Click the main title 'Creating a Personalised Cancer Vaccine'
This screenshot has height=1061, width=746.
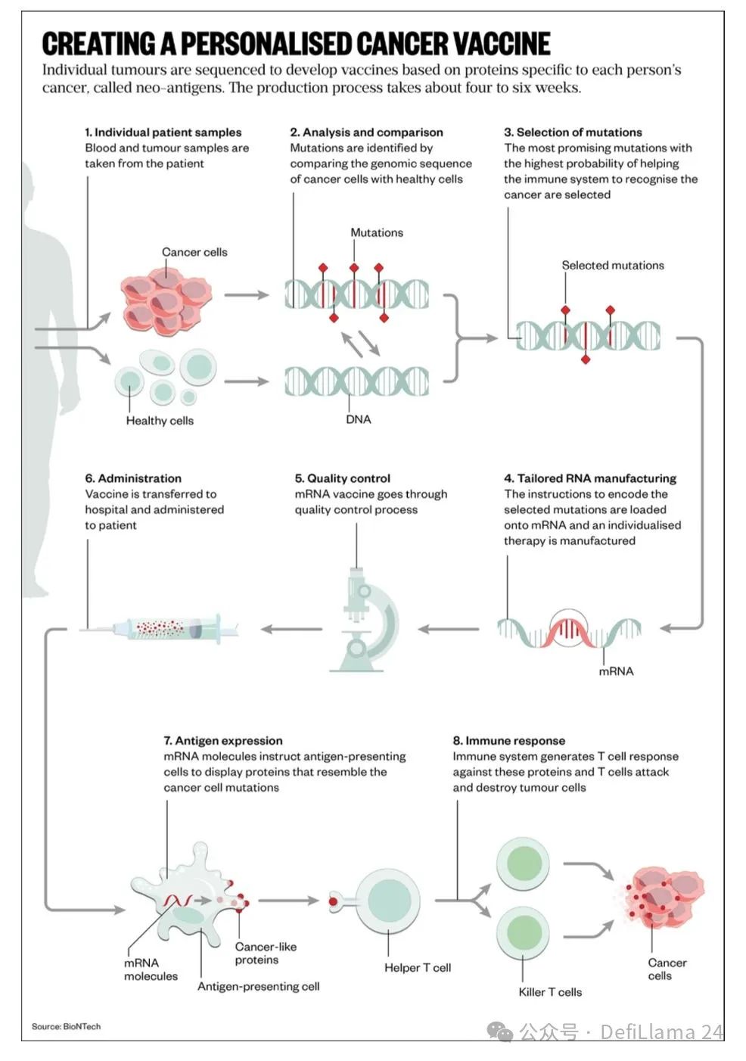click(296, 44)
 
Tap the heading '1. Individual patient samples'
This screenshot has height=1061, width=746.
click(163, 132)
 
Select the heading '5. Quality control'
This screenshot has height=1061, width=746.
click(343, 478)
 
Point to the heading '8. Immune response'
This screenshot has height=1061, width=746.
click(509, 741)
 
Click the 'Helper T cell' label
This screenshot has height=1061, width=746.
click(417, 968)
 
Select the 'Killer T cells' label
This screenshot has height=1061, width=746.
click(550, 992)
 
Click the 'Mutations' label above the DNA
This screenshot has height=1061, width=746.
click(377, 233)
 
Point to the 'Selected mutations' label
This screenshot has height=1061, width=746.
click(613, 266)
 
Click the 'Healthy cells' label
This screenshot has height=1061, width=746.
click(160, 421)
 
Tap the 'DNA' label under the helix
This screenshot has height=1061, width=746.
click(359, 419)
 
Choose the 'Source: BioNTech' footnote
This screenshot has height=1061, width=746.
click(66, 1027)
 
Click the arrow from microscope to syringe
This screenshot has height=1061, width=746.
click(291, 629)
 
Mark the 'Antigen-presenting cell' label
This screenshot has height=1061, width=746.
click(258, 987)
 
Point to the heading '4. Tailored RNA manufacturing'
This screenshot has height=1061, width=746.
click(590, 478)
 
